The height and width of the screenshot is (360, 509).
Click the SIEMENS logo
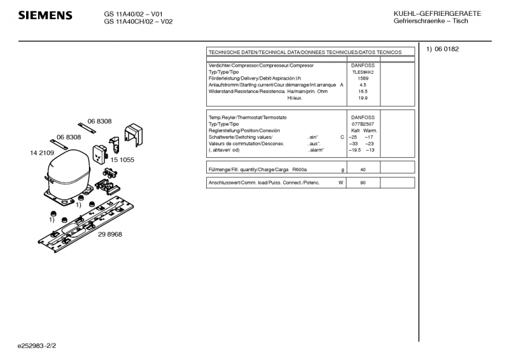click(45, 15)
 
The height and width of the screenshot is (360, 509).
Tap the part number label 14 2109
click(42, 153)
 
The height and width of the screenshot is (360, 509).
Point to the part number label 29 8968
click(110, 234)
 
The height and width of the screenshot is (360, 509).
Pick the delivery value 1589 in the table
click(363, 78)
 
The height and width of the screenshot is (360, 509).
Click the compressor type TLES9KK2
click(363, 72)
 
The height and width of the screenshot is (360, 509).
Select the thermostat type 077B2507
click(363, 124)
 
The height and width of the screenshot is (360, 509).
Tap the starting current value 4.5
click(363, 85)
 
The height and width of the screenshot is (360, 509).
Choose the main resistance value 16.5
click(363, 91)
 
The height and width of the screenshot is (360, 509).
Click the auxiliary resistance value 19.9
click(363, 98)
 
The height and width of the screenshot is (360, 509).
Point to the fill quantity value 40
click(363, 170)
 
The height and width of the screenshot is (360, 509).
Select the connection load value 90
click(363, 183)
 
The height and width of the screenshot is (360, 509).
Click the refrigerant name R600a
click(299, 170)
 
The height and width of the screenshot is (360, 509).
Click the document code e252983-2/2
click(38, 346)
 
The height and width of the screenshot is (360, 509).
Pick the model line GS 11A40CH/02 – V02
click(138, 22)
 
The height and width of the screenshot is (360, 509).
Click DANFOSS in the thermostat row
click(363, 118)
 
